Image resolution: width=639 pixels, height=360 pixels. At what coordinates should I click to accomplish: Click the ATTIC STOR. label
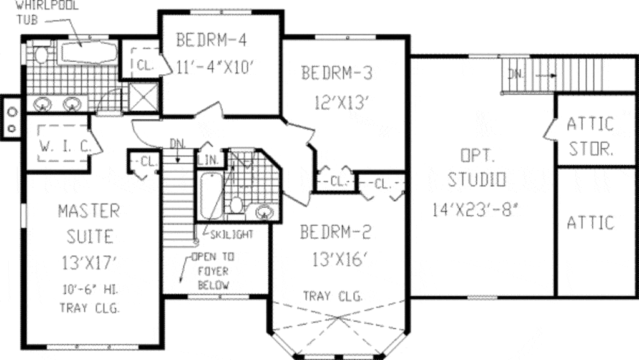590,137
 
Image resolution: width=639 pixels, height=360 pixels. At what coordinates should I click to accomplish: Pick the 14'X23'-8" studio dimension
476,210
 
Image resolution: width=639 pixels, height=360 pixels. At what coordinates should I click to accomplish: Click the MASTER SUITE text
88,223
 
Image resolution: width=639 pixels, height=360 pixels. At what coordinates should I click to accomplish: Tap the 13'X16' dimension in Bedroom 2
336,259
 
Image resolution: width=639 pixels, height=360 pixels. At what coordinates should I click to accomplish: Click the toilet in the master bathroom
42,56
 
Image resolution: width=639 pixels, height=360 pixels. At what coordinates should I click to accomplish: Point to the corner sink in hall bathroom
265,212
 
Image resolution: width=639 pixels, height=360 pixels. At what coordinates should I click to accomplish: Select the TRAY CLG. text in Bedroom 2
333,296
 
